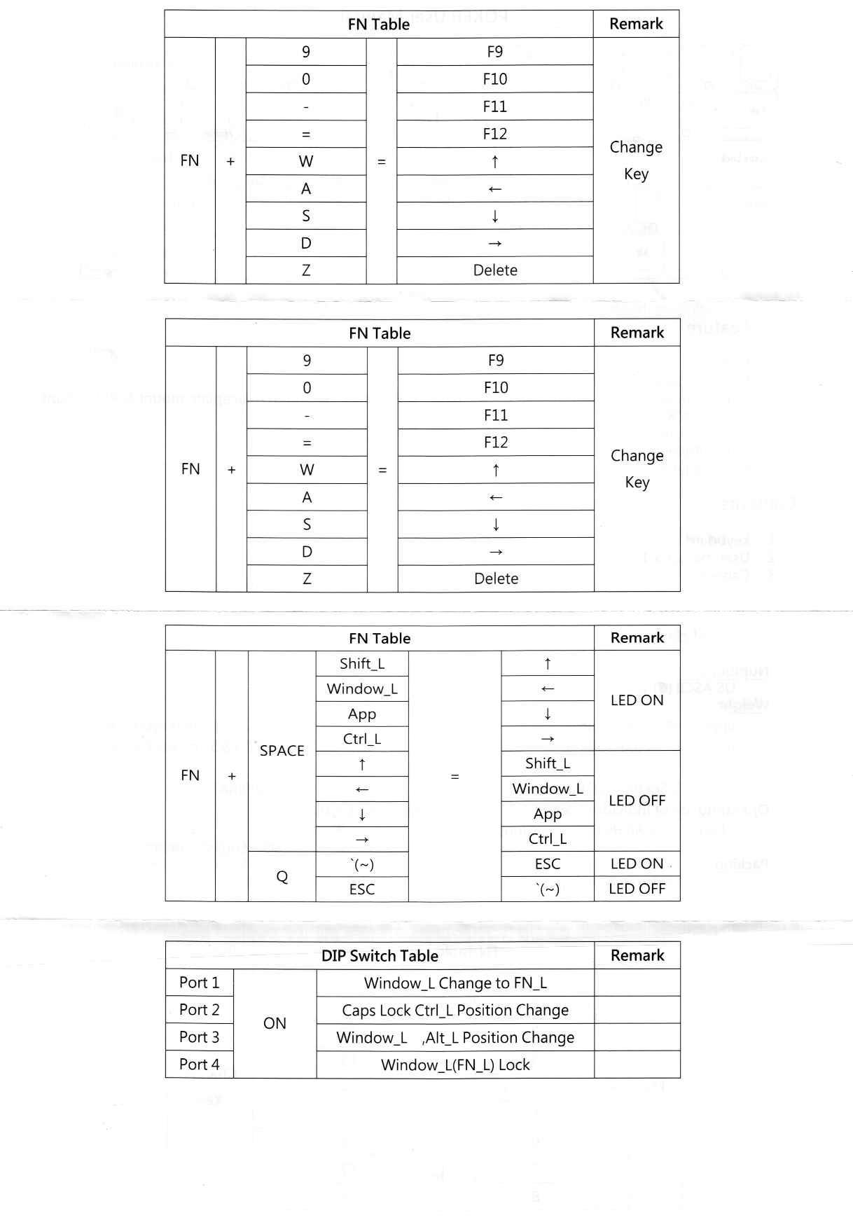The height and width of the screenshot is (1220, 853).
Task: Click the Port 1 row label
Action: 199,983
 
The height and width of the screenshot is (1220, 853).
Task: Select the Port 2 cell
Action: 199,1010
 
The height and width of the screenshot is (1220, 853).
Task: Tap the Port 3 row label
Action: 199,1037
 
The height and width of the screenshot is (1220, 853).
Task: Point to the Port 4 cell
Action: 199,1065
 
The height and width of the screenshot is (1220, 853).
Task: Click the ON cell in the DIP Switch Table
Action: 275,1023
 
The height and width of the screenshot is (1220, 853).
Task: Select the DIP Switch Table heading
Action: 380,956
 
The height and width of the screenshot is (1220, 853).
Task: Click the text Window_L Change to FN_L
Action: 455,983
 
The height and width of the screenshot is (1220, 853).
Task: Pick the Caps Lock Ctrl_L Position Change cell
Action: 455,1011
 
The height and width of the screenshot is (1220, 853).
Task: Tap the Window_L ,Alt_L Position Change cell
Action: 455,1038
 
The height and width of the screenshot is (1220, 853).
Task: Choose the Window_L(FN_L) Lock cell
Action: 455,1065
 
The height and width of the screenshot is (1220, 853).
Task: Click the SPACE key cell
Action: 282,751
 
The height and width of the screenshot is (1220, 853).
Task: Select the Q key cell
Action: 282,877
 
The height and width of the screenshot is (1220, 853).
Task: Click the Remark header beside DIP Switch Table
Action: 637,956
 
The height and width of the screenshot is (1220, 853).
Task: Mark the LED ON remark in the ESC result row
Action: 637,864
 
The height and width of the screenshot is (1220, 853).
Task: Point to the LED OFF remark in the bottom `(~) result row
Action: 637,889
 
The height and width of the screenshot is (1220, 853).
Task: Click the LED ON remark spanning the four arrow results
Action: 637,700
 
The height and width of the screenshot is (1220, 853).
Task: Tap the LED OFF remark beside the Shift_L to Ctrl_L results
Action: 637,800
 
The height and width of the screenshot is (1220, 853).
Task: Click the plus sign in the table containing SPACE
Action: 232,776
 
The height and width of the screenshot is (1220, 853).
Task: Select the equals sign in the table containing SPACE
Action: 455,776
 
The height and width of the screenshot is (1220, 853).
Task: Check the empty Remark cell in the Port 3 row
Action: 637,1037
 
